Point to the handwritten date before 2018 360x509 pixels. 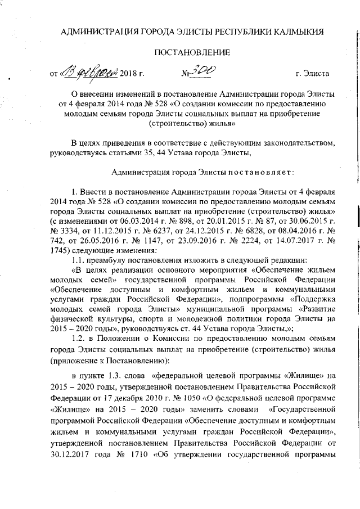pyautogui.click(x=91, y=73)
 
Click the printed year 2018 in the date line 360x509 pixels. pyautogui.click(x=130, y=74)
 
